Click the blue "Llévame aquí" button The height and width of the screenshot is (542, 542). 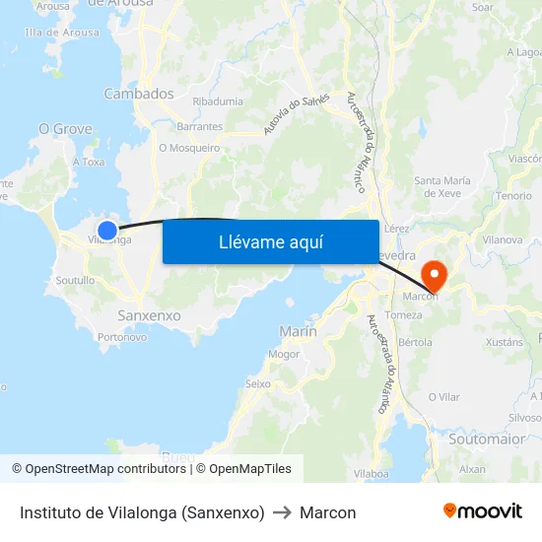point(270,241)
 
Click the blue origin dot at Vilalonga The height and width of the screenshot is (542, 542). point(107,231)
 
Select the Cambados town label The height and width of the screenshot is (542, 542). point(139,95)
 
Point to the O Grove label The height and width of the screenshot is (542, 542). point(65,129)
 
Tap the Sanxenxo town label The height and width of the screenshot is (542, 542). point(149,315)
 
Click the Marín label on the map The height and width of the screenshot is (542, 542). point(298,331)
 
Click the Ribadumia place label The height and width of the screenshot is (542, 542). point(218,102)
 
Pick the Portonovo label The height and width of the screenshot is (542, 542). point(123,337)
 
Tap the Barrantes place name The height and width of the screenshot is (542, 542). point(199,127)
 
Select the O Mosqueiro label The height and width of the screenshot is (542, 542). point(189,148)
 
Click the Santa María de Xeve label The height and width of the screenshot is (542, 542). point(442,186)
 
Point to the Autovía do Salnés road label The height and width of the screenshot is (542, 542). point(297,114)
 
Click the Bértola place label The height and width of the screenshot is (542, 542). point(416,342)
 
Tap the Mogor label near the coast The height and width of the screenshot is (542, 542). point(284,353)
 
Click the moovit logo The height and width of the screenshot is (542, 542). point(483,511)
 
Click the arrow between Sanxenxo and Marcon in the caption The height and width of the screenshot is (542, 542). point(282,513)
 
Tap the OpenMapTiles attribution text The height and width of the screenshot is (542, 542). point(250,469)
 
